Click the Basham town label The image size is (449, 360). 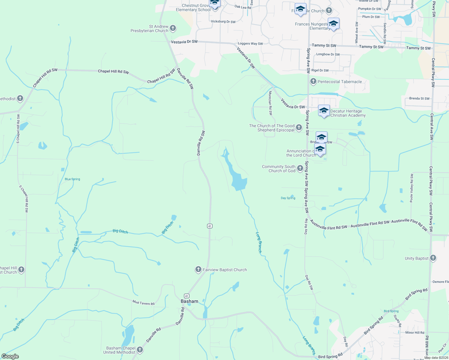pyautogui.click(x=189, y=301)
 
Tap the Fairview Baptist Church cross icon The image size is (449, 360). pyautogui.click(x=198, y=269)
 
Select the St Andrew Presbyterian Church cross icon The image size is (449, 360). pyautogui.click(x=173, y=28)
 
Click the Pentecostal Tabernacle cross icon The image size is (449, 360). pyautogui.click(x=313, y=81)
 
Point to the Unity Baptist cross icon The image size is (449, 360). pyautogui.click(x=433, y=258)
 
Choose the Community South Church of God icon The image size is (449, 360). pyautogui.click(x=300, y=168)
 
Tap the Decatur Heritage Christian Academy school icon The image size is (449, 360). pyautogui.click(x=324, y=111)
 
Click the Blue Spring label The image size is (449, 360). pyautogui.click(x=72, y=179)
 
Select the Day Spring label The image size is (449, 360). pyautogui.click(x=288, y=198)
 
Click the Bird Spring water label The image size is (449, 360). pyautogui.click(x=391, y=311)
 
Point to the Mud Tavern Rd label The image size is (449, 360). pyautogui.click(x=143, y=303)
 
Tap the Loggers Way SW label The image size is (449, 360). pyautogui.click(x=250, y=43)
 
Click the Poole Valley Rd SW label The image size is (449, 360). pyautogui.click(x=411, y=188)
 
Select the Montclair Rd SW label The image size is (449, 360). pyautogui.click(x=270, y=103)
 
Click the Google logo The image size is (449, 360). pyautogui.click(x=10, y=356)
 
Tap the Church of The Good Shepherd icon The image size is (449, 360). pyautogui.click(x=299, y=128)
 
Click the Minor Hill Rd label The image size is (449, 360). pyautogui.click(x=415, y=332)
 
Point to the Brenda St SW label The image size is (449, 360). pyautogui.click(x=419, y=98)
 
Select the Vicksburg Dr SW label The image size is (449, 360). pyautogui.click(x=223, y=22)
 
